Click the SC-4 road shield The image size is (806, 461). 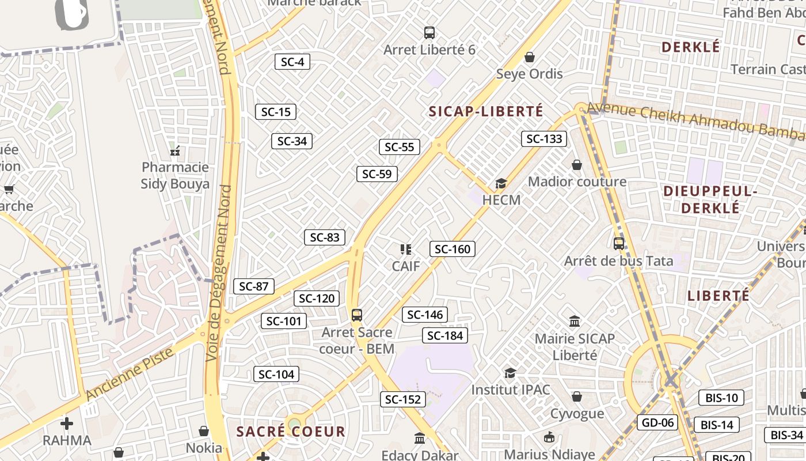[x=292, y=62]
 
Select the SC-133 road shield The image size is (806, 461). [x=544, y=138]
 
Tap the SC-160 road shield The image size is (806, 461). [x=452, y=249]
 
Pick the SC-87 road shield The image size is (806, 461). [x=253, y=286]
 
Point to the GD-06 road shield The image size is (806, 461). [x=657, y=422]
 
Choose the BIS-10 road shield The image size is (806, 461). [x=721, y=398]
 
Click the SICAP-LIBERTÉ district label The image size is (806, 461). [x=486, y=111]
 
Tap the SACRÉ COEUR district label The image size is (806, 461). [x=291, y=432]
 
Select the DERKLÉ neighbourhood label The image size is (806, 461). [x=691, y=47]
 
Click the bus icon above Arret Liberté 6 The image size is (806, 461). [x=429, y=33]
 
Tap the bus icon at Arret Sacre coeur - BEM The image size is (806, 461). [x=357, y=315]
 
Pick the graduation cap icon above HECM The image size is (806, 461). [x=501, y=183]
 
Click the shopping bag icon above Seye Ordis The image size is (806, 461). [x=530, y=57]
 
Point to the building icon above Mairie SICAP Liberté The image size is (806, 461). [x=575, y=321]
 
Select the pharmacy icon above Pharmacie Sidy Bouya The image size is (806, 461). [x=176, y=151]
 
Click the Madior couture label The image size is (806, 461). [x=577, y=182]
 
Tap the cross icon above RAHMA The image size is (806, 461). [x=67, y=424]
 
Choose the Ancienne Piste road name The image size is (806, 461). [x=130, y=374]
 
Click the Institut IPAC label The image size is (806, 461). [x=511, y=390]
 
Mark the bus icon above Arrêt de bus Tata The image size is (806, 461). [x=619, y=244]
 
